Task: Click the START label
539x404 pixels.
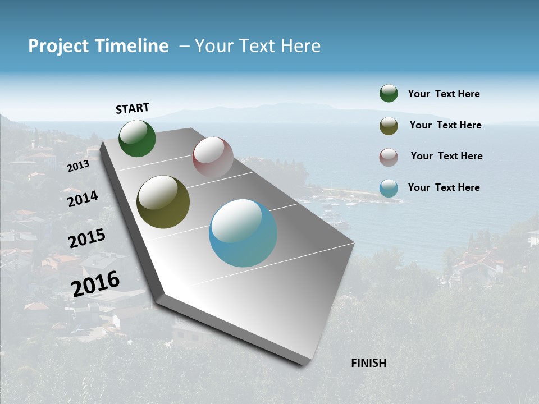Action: pos(133,108)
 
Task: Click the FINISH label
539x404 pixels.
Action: pos(368,363)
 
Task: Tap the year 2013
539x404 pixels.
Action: pos(78,166)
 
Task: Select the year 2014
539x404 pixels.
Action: pos(83,199)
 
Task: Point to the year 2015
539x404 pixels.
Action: pos(87,238)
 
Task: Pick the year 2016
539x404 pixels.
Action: pos(95,283)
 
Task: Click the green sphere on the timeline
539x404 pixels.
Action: pos(138,139)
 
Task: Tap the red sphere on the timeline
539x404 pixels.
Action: pos(213,157)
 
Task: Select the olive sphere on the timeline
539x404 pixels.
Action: pos(163,202)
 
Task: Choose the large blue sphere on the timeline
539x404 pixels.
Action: pos(243,233)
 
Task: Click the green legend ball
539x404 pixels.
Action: pos(389,93)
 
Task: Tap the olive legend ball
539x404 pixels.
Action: pos(389,126)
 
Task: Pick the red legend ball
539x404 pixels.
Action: pos(389,157)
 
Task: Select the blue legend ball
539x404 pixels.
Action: pos(389,188)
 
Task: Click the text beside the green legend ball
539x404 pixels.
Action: pos(444,94)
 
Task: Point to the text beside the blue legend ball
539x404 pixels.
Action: pos(444,187)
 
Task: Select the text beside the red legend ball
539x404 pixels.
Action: pos(446,156)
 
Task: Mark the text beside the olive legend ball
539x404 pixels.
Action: pos(445,125)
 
